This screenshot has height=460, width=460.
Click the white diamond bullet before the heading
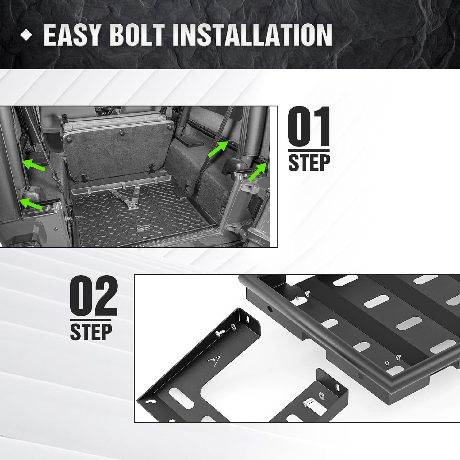tap(26, 35)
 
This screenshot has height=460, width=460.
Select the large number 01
tap(309, 127)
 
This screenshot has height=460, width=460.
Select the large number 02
tap(94, 296)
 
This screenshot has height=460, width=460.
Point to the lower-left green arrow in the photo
tap(30, 204)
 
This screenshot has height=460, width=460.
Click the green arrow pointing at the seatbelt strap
tap(217, 149)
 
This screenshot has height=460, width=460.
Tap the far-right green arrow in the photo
tap(257, 172)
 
